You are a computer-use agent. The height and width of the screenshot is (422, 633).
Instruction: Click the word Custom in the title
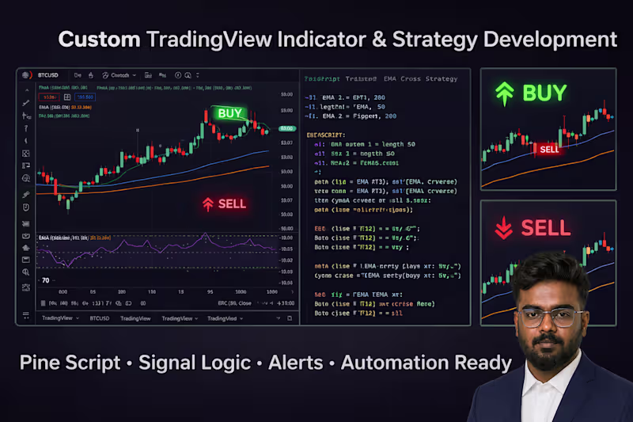99,38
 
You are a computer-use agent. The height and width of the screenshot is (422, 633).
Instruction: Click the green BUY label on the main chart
230,113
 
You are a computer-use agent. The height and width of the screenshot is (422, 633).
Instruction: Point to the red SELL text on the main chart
232,203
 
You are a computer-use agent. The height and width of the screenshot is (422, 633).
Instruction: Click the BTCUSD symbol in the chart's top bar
49,75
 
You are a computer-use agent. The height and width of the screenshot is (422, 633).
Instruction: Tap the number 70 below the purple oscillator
46,280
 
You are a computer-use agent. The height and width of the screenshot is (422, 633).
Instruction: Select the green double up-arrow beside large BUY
503,93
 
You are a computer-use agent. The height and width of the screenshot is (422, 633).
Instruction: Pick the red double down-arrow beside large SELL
503,229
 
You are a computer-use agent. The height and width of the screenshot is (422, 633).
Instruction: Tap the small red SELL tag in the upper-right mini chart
548,149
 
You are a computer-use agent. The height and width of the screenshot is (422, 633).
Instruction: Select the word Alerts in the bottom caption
294,363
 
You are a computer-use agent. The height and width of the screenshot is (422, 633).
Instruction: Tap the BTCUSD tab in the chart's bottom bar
99,317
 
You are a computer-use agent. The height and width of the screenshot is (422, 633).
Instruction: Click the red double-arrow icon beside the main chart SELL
207,203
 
